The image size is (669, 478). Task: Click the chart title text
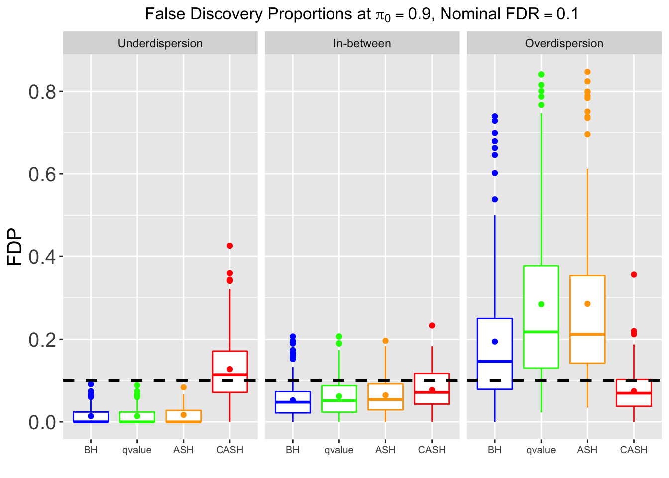coord(362,14)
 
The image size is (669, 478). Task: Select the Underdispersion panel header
coord(160,43)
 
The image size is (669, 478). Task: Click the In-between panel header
coord(362,43)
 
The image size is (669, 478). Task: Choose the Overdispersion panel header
coord(564,43)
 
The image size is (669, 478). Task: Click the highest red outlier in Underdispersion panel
coord(230,246)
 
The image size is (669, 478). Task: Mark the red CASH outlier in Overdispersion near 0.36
coord(634,275)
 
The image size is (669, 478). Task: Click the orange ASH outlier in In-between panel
coord(385,341)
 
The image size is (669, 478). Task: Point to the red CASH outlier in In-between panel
coord(432,326)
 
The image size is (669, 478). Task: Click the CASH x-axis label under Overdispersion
coord(634,450)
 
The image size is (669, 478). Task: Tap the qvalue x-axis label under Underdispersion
coord(137,450)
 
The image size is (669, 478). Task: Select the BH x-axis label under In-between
coord(293,450)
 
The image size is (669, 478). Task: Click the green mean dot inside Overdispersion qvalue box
coord(541,304)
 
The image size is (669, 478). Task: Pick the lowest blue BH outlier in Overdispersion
coord(495,199)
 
